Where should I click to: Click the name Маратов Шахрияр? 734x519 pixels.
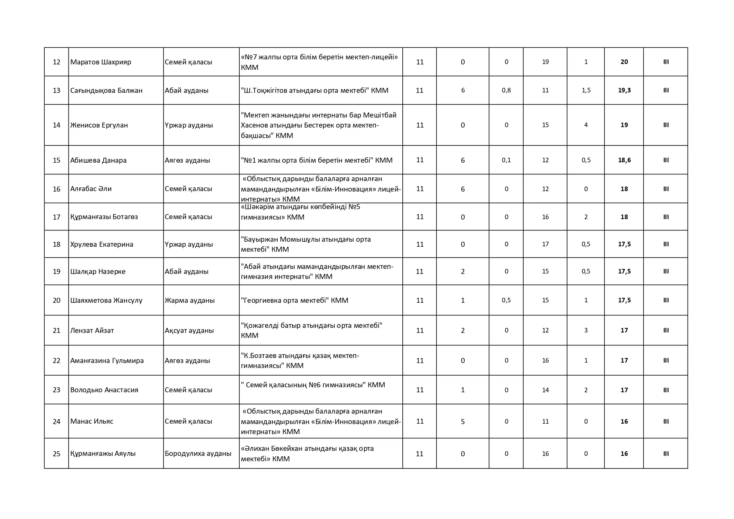101,62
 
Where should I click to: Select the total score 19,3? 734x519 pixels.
624,90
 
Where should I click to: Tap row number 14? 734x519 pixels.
56,125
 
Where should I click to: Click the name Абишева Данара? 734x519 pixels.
98,160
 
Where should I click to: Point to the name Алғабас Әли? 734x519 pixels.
91,189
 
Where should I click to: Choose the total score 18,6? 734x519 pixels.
624,160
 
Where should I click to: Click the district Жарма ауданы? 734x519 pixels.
189,300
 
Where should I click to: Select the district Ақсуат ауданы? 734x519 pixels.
189,330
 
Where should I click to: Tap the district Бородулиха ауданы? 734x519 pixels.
198,453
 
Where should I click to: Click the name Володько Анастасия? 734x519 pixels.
104,390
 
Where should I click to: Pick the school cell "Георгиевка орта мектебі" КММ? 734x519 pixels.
294,300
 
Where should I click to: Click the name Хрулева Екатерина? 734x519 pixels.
102,244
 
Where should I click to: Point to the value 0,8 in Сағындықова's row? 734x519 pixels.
506,90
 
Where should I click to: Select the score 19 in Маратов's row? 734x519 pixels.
545,62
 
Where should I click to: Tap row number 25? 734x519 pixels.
56,454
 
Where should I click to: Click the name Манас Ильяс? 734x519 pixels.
92,421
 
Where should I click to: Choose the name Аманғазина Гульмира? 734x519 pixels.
107,360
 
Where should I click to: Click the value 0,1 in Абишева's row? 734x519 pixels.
506,160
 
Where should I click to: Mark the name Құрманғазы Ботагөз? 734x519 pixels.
104,217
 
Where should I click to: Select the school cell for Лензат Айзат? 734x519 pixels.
312,330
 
